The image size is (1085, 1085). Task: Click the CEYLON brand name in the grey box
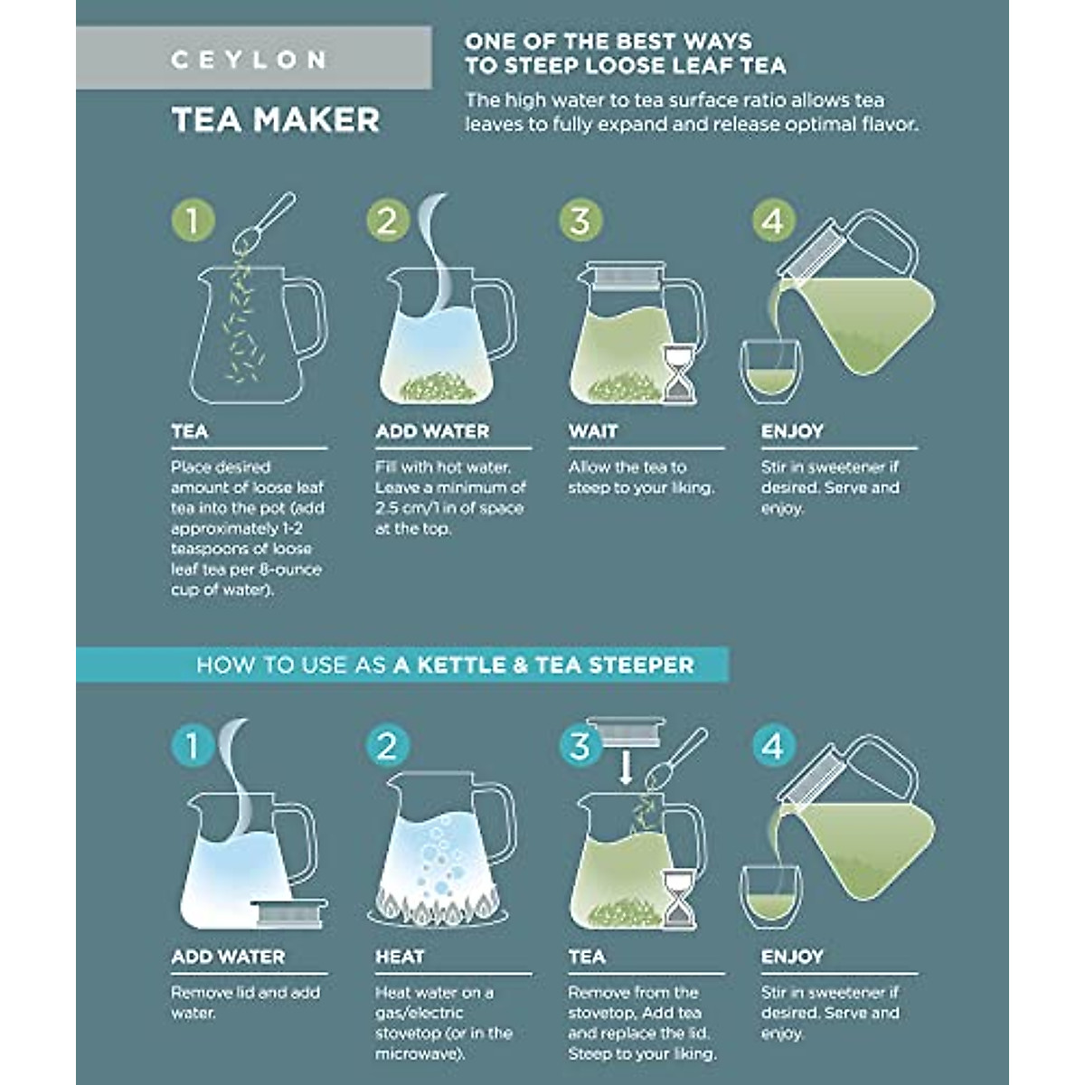coord(248,61)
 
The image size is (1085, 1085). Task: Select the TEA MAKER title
coord(276,120)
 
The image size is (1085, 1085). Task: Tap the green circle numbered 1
coord(193,221)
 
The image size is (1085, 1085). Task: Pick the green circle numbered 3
coord(580,221)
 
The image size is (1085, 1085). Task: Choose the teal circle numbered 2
coord(387,747)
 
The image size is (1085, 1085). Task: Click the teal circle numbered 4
coord(773,747)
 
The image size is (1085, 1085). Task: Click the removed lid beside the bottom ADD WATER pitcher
coord(288,912)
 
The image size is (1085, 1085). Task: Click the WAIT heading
coord(593,432)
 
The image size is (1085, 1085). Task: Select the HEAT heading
coord(400,957)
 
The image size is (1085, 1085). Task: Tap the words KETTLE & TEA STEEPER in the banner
coord(543,665)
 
